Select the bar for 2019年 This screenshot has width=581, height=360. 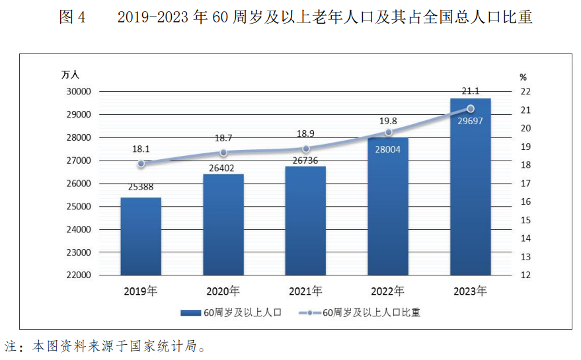pyautogui.click(x=141, y=236)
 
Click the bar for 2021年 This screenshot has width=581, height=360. pyautogui.click(x=305, y=221)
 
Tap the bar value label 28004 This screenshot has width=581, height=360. pyautogui.click(x=387, y=149)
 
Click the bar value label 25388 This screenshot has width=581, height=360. pyautogui.click(x=140, y=187)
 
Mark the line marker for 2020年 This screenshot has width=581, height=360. pyautogui.click(x=223, y=153)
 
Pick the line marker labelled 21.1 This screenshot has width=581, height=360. pyautogui.click(x=471, y=108)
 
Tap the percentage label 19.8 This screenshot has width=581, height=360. pyautogui.click(x=388, y=121)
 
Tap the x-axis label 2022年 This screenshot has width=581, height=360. pyautogui.click(x=388, y=291)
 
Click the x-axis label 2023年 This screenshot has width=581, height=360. pyautogui.click(x=471, y=291)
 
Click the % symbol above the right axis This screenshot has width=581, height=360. pyautogui.click(x=523, y=77)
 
